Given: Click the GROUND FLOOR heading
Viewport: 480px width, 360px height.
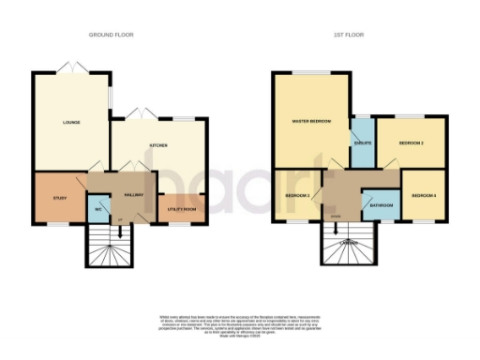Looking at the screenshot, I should [x=111, y=35].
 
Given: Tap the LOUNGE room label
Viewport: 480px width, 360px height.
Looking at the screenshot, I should [x=70, y=123].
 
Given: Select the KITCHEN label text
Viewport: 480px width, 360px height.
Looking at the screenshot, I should [x=157, y=145].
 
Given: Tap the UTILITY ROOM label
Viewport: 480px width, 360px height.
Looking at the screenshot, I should [x=180, y=208].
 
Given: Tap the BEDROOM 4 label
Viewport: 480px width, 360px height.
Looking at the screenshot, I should [x=423, y=195].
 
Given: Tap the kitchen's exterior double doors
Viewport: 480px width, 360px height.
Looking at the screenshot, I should [x=143, y=114].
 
